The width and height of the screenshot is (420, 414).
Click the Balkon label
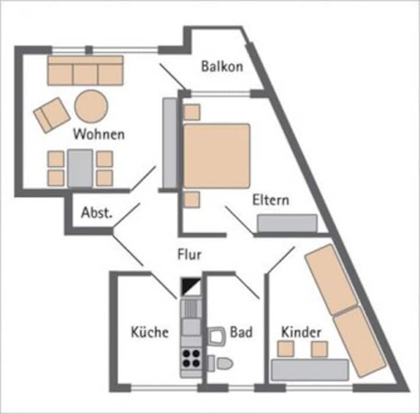click(222, 66)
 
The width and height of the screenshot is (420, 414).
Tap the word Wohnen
click(99, 134)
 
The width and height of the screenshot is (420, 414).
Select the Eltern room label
click(271, 200)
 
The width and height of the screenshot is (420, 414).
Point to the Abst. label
click(96, 213)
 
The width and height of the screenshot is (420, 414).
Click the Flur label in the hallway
click(190, 254)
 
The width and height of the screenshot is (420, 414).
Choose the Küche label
click(150, 332)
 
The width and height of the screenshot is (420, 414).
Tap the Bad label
click(241, 332)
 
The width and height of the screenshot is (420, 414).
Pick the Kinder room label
click(301, 332)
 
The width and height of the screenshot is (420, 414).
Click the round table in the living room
click(92, 106)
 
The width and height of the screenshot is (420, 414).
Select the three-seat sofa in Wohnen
click(85, 71)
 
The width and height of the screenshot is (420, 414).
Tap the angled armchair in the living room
click(52, 115)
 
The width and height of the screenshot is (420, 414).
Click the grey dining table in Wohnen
click(80, 168)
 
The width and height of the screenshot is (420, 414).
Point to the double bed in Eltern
click(216, 156)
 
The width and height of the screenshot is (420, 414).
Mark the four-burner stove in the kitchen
click(191, 358)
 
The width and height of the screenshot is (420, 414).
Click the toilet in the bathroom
click(220, 363)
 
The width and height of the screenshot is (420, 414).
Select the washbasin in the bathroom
click(216, 336)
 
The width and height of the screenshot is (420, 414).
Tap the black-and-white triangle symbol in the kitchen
click(191, 287)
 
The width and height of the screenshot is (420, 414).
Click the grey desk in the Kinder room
click(310, 370)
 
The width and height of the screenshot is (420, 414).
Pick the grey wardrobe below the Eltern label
click(287, 223)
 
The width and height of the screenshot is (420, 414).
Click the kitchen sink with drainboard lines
click(191, 309)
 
